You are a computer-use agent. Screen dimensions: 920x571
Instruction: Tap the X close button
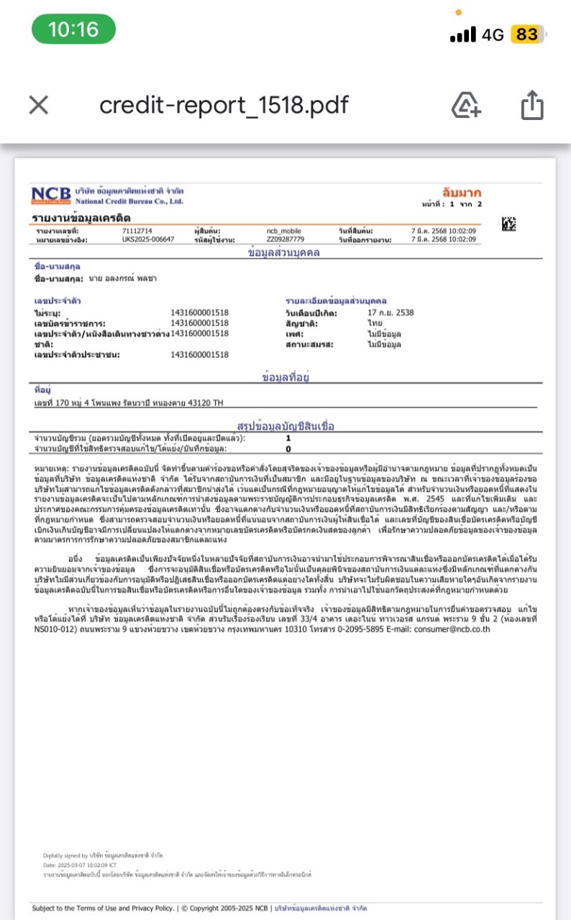(38, 106)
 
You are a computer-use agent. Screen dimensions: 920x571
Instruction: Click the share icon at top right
(531, 106)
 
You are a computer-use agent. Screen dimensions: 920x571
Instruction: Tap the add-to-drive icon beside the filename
(466, 106)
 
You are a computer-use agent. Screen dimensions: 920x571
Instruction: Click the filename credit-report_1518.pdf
(224, 106)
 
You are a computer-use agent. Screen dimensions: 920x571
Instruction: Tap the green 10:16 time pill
(73, 29)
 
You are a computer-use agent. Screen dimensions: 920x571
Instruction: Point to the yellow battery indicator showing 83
(526, 34)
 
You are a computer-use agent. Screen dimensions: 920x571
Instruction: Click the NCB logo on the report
(51, 195)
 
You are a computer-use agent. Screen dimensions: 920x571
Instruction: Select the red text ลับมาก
(462, 193)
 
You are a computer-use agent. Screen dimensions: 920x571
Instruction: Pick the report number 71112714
(137, 231)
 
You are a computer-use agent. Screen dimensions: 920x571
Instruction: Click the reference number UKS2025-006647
(148, 239)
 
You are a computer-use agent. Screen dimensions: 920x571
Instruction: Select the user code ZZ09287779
(285, 239)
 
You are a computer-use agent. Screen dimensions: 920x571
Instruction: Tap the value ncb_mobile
(284, 231)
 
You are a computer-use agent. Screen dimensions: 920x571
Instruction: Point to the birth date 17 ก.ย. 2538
(390, 313)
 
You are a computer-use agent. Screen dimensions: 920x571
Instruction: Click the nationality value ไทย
(375, 323)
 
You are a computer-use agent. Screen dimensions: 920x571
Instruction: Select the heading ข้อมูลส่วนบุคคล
(284, 253)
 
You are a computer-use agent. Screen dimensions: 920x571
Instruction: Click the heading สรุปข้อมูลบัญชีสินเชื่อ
(285, 425)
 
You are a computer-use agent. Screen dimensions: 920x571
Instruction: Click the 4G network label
(493, 34)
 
